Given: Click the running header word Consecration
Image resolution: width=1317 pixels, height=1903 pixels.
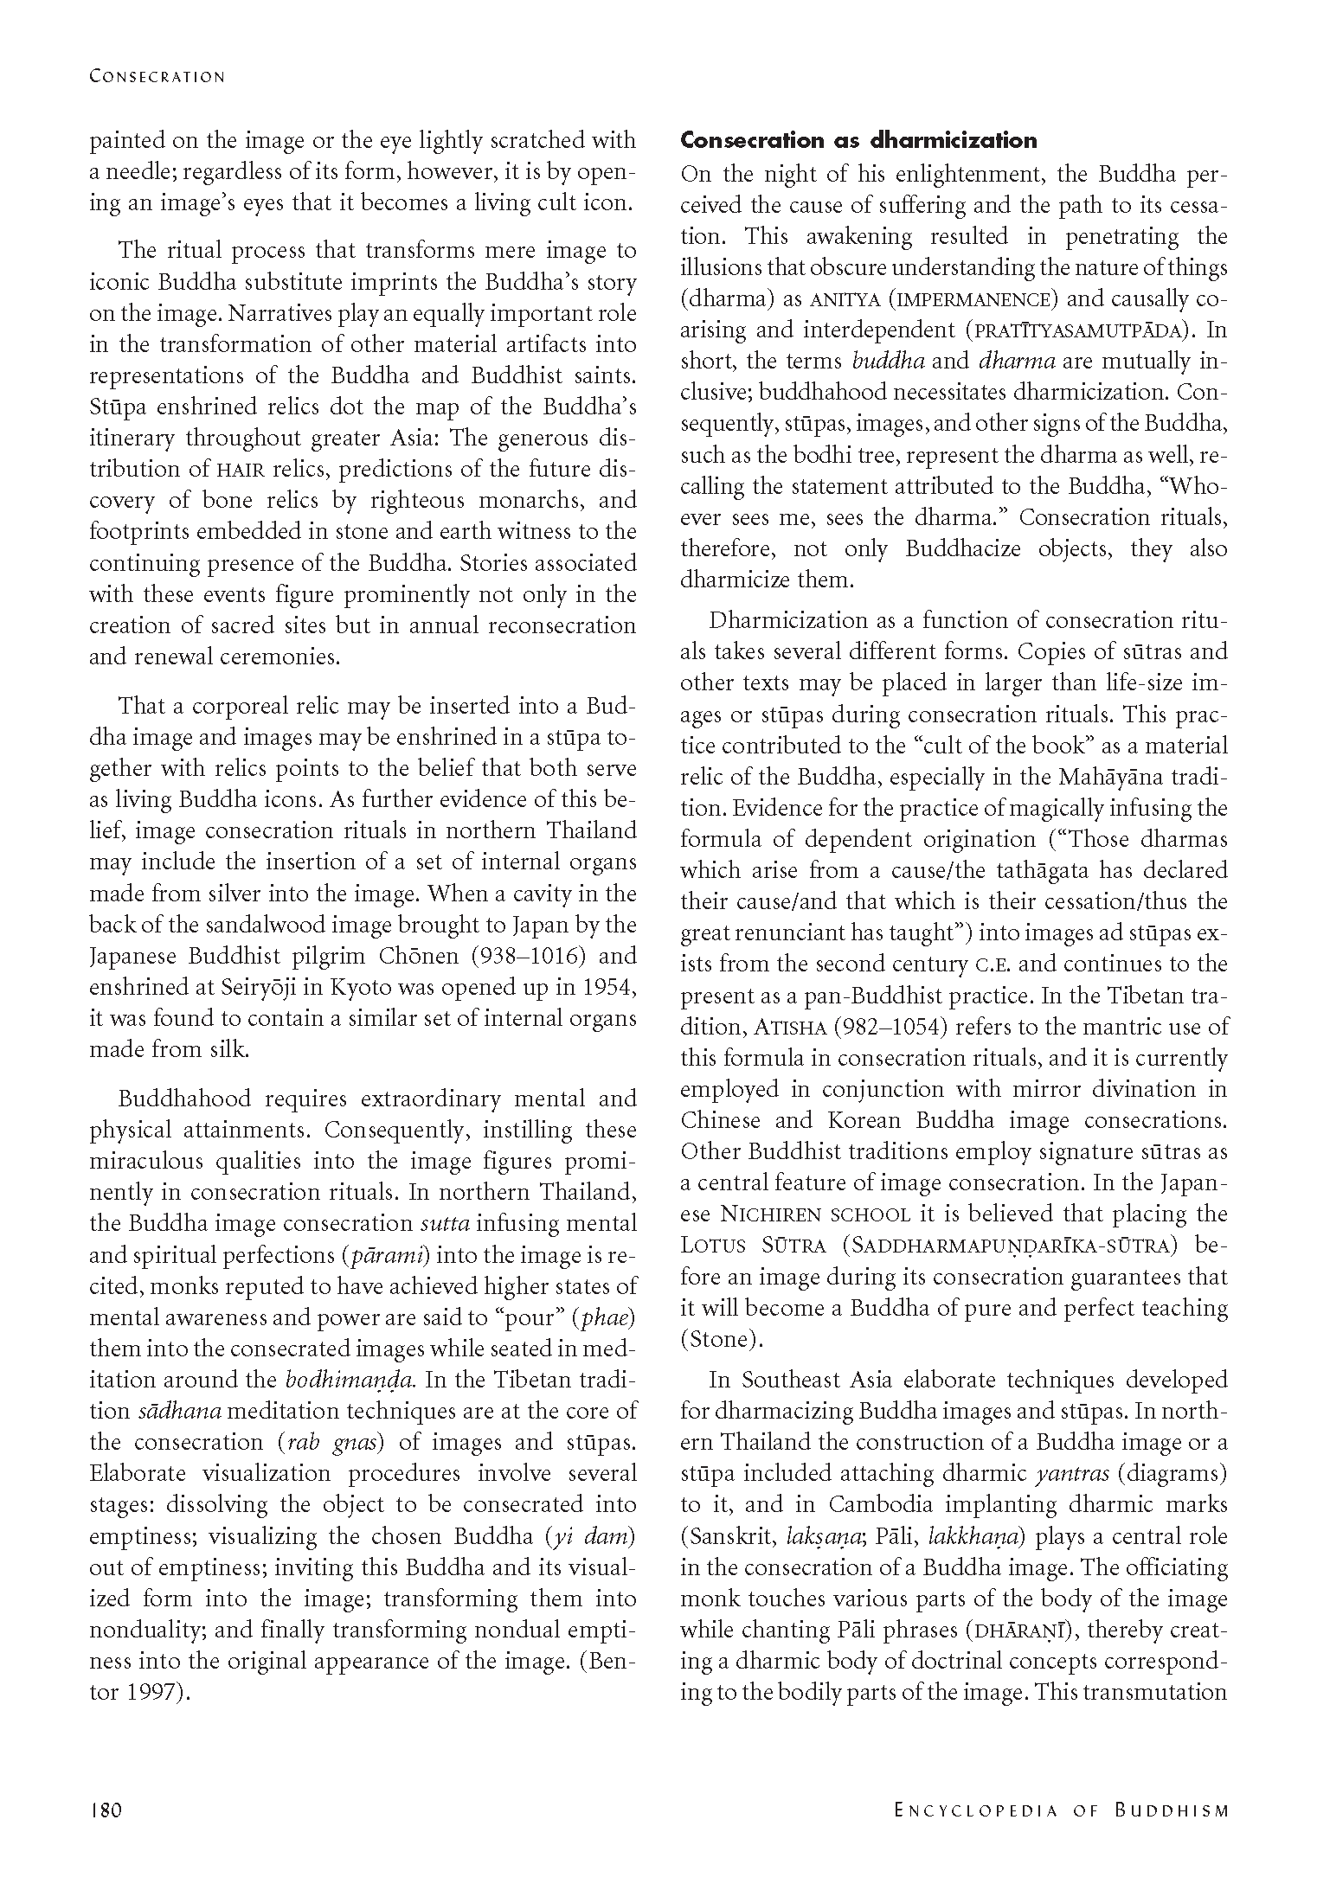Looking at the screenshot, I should [x=157, y=77].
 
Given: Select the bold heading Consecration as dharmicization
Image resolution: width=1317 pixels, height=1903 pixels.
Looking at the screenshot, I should [x=858, y=140].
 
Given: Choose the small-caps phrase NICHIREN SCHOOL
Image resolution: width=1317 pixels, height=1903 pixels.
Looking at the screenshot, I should [x=815, y=1215].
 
